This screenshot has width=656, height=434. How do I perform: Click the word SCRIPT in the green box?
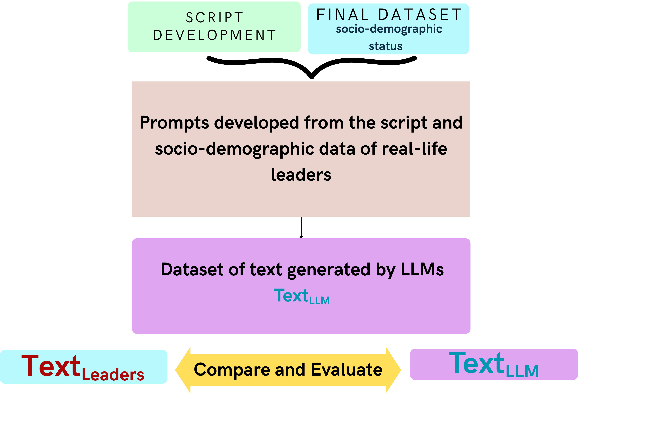214,18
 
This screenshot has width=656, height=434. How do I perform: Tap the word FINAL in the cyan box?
343,15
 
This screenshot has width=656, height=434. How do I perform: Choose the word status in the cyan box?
385,46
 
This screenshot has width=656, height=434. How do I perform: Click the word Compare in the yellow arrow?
232,370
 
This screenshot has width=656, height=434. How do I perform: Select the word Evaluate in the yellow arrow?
347,370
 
